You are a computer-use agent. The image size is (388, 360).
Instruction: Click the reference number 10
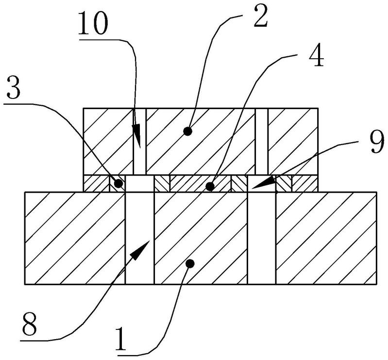[x=93, y=23]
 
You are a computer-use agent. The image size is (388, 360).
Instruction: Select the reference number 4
[x=316, y=55]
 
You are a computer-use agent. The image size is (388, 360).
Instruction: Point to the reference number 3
[x=14, y=87]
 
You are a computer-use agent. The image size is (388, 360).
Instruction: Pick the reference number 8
[x=30, y=324]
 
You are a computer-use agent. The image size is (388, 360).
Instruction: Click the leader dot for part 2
[x=188, y=131]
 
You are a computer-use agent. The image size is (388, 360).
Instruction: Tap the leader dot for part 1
[x=190, y=264]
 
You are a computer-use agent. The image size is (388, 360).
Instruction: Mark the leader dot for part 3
[x=119, y=183]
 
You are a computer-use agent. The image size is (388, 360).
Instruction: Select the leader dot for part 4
[x=210, y=186]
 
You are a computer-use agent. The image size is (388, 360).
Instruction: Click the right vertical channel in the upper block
[x=262, y=141]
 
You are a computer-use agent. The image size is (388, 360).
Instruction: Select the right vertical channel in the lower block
[x=262, y=238]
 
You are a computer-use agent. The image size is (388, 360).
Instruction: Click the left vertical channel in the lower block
[x=139, y=238]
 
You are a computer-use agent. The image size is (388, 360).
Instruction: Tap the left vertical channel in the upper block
[x=140, y=141]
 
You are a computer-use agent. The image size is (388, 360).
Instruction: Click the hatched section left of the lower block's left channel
[x=75, y=238]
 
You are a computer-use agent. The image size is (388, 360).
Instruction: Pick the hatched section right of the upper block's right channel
[x=293, y=141]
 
